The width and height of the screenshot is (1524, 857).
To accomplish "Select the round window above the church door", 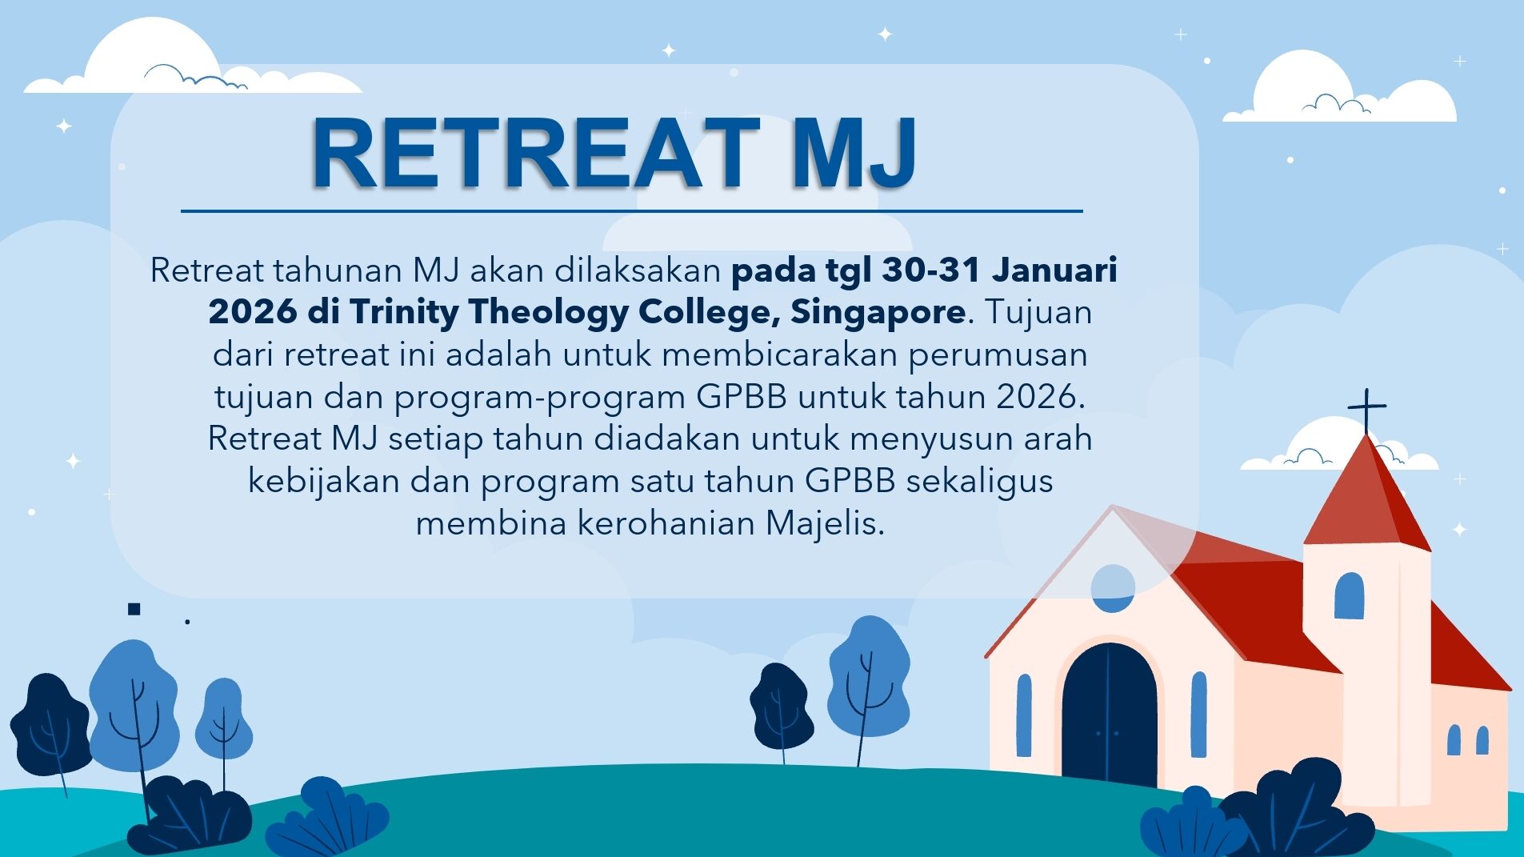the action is tap(1113, 588).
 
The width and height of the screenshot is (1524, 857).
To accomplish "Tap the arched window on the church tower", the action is tap(1349, 595).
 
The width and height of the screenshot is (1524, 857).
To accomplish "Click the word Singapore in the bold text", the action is tap(878, 311).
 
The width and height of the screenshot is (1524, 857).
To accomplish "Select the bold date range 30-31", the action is tap(931, 270).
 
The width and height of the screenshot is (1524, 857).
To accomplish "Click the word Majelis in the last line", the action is tap(825, 523).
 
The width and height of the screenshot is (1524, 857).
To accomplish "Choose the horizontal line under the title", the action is tap(632, 211).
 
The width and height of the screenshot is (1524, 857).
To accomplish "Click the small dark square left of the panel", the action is tap(134, 609).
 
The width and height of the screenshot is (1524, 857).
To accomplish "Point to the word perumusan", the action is tap(998, 354).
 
